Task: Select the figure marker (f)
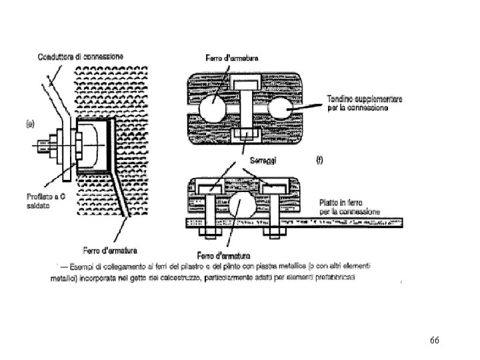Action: click(319, 161)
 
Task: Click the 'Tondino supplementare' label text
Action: click(365, 103)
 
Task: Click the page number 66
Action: click(434, 341)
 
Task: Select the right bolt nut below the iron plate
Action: click(274, 233)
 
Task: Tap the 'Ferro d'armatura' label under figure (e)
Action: click(110, 251)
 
